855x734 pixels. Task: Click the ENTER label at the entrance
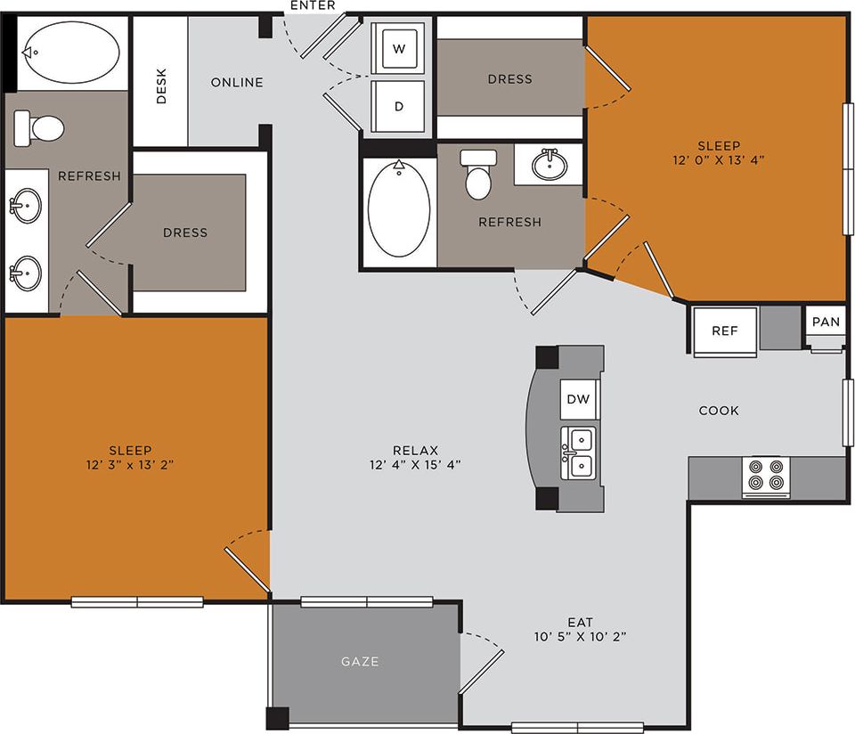click(313, 5)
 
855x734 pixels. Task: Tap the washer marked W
click(399, 49)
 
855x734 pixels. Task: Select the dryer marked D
click(399, 106)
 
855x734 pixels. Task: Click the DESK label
click(161, 86)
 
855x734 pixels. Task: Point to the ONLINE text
click(237, 83)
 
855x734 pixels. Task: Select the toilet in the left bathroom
click(39, 127)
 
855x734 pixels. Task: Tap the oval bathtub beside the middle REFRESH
click(399, 210)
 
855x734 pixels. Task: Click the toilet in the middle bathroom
click(478, 175)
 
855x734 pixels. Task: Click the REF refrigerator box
click(725, 330)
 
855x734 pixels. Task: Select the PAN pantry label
click(825, 322)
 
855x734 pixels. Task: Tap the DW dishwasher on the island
click(579, 399)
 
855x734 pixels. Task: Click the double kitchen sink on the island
click(580, 453)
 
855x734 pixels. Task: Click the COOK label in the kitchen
click(719, 411)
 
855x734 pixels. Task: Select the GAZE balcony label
click(360, 662)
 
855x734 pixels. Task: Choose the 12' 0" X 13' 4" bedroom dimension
click(719, 160)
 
